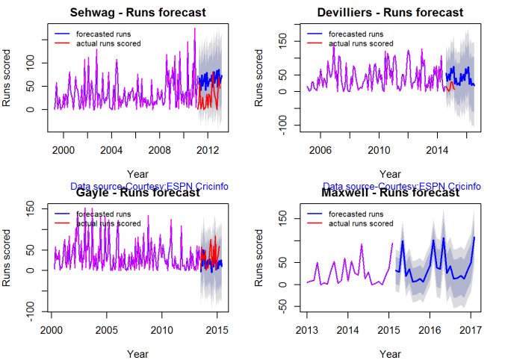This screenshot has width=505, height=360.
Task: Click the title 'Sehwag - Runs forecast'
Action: pyautogui.click(x=138, y=13)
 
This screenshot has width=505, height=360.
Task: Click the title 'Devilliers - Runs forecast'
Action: pyautogui.click(x=391, y=13)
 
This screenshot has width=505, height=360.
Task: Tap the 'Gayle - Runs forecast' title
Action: pyautogui.click(x=138, y=193)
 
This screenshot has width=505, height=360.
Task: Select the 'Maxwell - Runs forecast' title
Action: pyautogui.click(x=391, y=193)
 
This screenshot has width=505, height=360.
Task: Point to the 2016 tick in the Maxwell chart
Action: pyautogui.click(x=430, y=329)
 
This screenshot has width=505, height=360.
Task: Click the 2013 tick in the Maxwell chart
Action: pyautogui.click(x=307, y=329)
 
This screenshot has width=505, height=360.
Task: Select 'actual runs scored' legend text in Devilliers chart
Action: pyautogui.click(x=361, y=43)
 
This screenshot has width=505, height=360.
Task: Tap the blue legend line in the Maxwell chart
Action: pyautogui.click(x=316, y=214)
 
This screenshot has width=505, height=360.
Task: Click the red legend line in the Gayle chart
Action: pyautogui.click(x=63, y=223)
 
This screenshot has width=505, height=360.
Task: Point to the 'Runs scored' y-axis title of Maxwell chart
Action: pyautogui.click(x=260, y=261)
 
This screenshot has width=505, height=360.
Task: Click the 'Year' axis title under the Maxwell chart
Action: pyautogui.click(x=391, y=352)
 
